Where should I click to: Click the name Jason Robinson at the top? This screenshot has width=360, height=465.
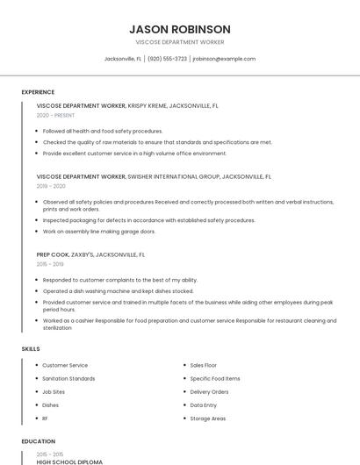tap(179, 29)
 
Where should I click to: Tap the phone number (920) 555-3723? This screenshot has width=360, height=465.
tap(167, 59)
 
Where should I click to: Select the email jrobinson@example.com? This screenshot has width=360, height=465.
tap(224, 59)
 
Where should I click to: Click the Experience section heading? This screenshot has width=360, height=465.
tap(38, 92)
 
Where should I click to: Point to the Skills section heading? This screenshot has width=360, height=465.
tap(31, 349)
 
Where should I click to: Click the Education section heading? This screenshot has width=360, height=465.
tap(37, 441)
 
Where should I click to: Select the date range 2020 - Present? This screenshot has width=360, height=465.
tap(55, 115)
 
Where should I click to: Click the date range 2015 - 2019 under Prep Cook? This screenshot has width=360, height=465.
tap(50, 264)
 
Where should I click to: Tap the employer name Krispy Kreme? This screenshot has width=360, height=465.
tap(148, 105)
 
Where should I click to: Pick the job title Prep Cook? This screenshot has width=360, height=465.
tap(52, 254)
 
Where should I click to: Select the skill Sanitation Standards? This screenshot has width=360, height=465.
tap(68, 378)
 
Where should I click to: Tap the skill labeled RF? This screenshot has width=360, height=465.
tap(46, 418)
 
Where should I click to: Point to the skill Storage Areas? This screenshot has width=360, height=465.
tap(209, 418)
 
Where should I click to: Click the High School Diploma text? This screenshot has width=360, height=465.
tap(69, 461)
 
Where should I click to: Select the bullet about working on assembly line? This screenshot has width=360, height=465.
tap(99, 232)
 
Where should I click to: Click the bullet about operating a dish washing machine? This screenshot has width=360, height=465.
tap(105, 290)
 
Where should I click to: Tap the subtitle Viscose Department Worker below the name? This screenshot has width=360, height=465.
tap(179, 42)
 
